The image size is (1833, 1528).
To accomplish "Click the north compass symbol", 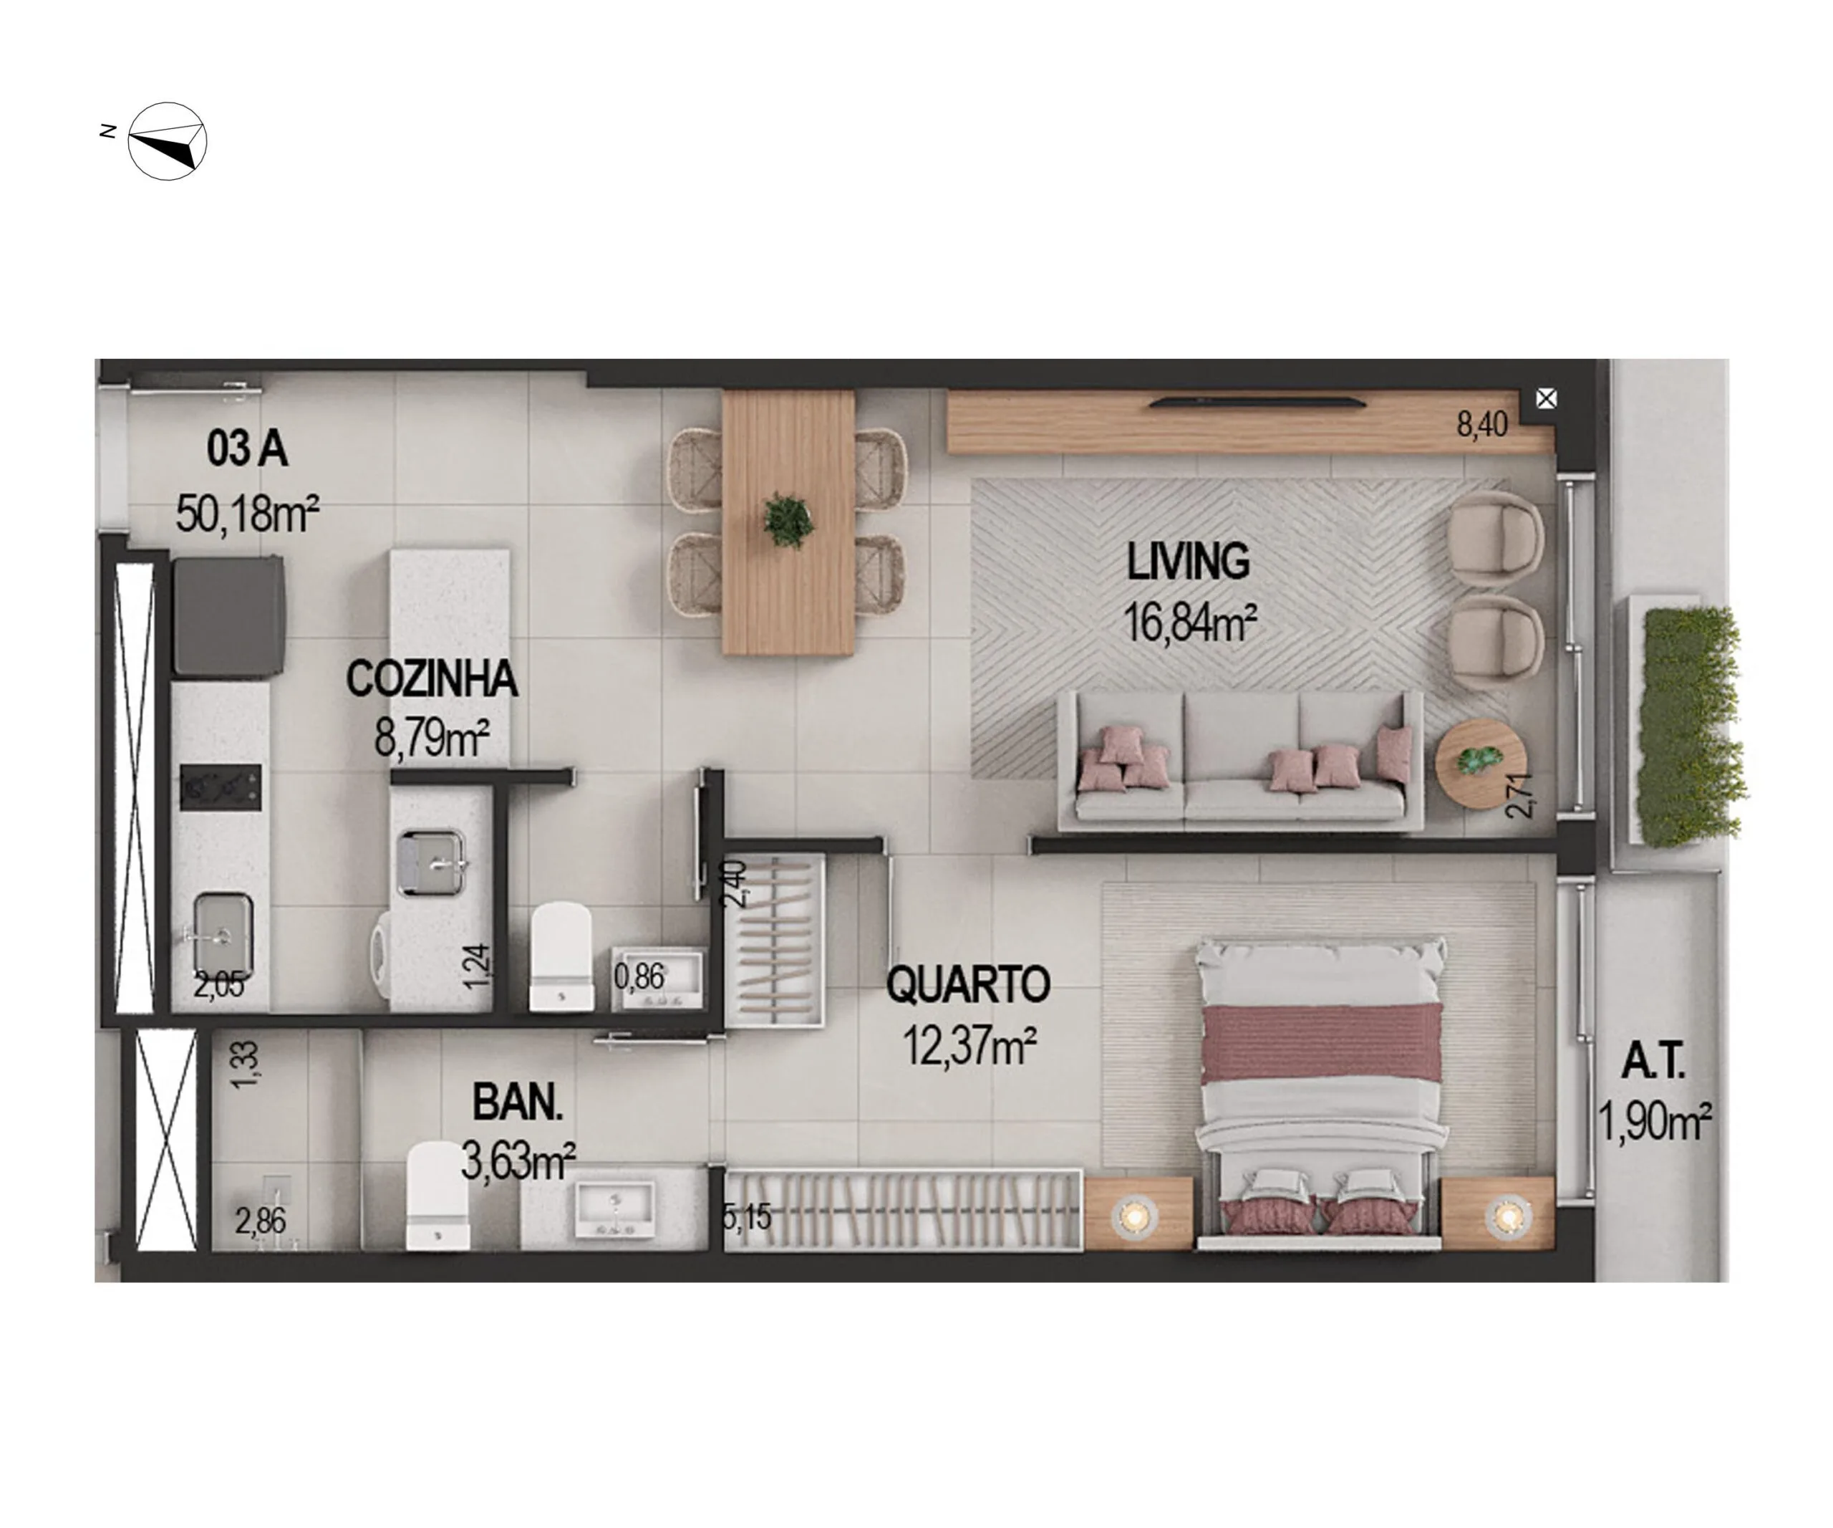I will click(167, 141).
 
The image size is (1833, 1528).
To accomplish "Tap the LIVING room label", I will click(1188, 562).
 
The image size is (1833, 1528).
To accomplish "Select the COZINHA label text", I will click(431, 678).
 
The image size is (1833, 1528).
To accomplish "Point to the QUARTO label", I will click(968, 984).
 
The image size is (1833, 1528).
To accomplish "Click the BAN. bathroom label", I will click(518, 1102).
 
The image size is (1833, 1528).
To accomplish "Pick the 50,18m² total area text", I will click(247, 514).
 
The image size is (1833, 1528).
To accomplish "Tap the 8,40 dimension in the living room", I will click(1481, 424).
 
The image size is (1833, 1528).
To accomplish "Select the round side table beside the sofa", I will click(1481, 762).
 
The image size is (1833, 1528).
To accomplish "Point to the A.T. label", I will click(1653, 1062).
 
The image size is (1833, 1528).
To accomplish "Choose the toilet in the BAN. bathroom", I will click(438, 1196).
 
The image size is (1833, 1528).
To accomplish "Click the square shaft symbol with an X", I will click(1546, 399).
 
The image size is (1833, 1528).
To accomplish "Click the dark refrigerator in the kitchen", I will click(228, 615).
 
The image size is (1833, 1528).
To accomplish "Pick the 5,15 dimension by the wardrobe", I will click(748, 1217).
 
